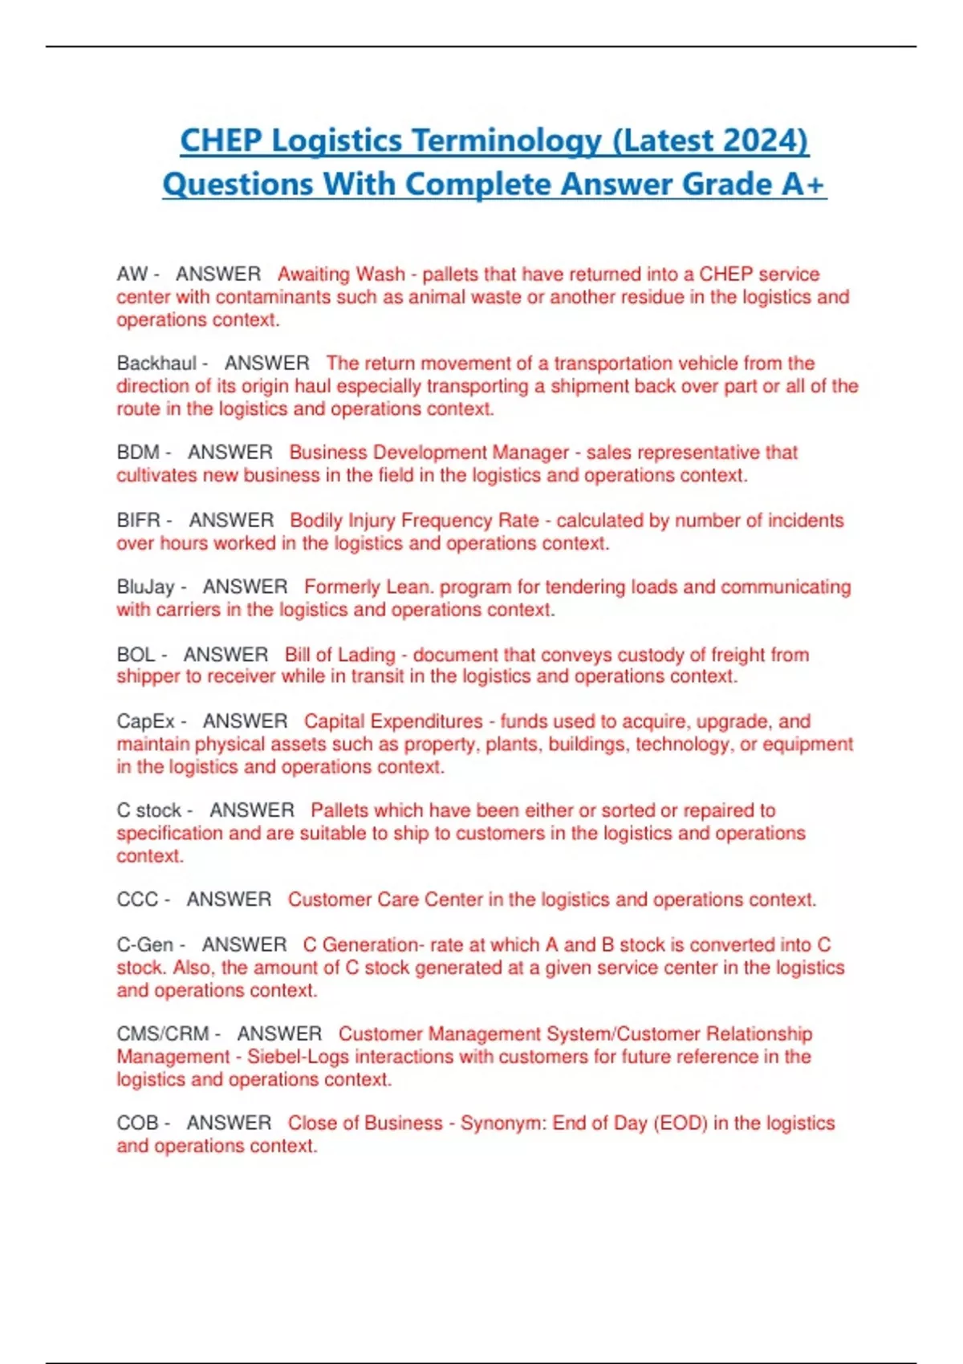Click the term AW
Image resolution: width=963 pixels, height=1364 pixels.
(x=132, y=274)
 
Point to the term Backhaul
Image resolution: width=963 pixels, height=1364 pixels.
(x=156, y=363)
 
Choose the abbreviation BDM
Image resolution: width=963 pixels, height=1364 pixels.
(x=138, y=453)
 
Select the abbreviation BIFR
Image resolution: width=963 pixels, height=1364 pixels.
(x=139, y=520)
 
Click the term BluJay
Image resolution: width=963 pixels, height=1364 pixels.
(x=145, y=587)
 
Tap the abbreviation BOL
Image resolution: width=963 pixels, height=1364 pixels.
(x=136, y=655)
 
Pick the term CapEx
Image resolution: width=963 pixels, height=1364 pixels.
(x=145, y=721)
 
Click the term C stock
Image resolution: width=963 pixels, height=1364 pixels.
(x=148, y=810)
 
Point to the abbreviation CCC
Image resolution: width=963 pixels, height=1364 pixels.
(x=137, y=899)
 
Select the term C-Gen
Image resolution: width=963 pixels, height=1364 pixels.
(x=144, y=945)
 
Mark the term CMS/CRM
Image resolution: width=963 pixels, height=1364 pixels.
(x=163, y=1034)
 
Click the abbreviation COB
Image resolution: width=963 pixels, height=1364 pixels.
(x=137, y=1123)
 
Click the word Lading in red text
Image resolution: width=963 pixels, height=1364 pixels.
(x=367, y=655)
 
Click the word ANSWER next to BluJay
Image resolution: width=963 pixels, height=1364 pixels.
(x=245, y=587)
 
